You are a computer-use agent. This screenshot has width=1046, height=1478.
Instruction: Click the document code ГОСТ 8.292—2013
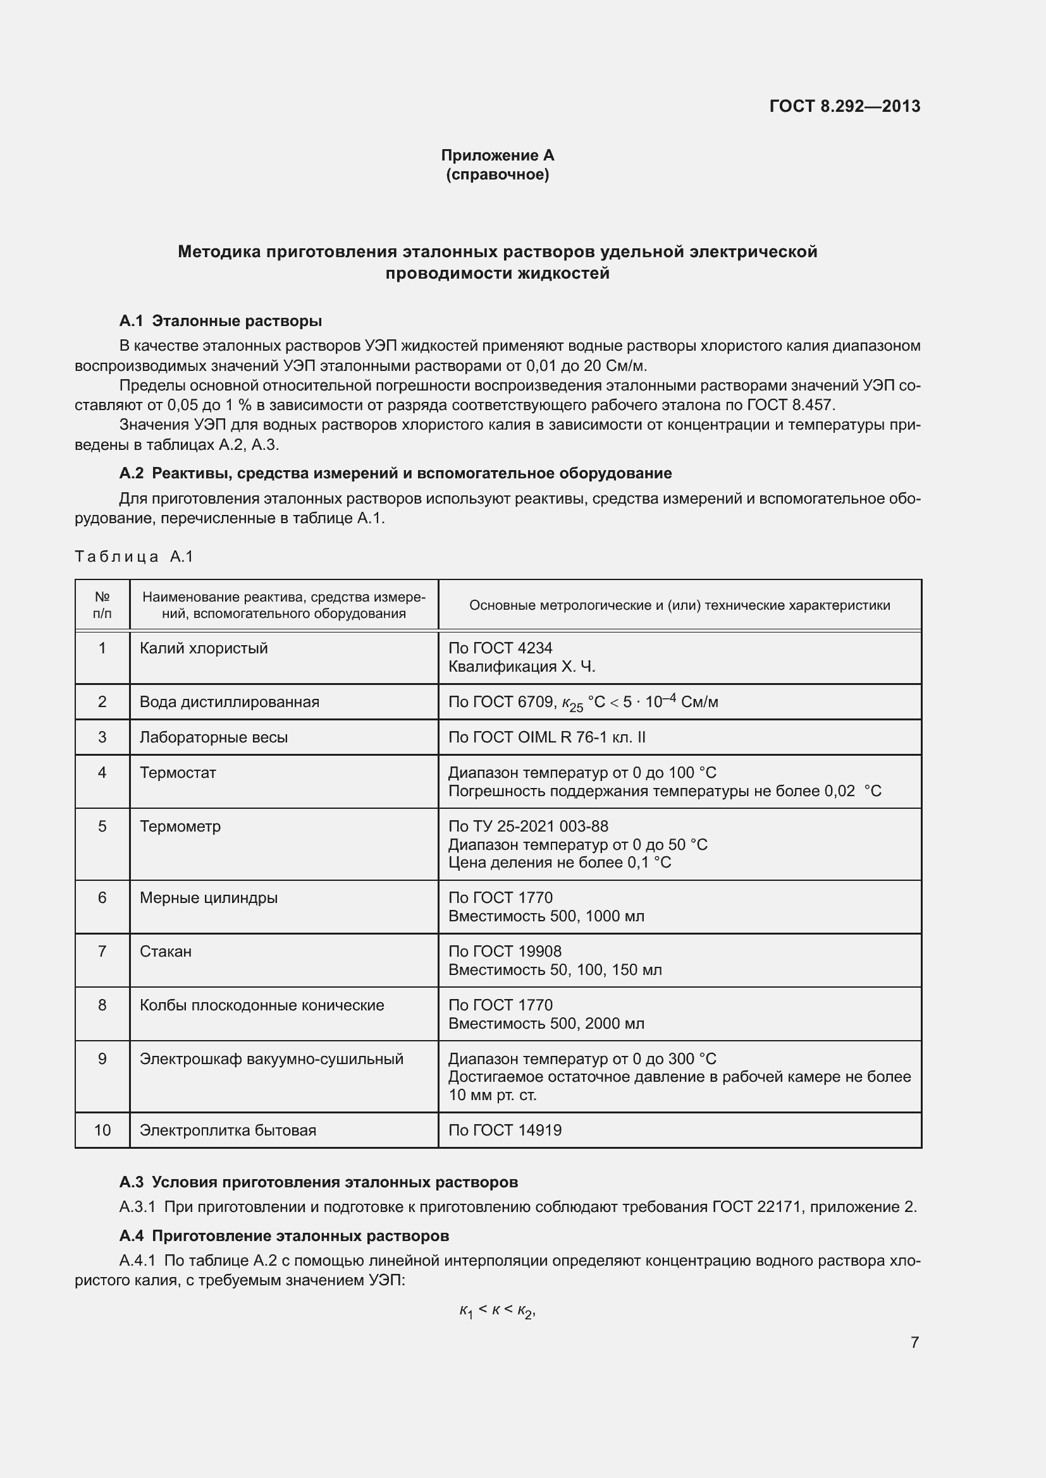click(844, 106)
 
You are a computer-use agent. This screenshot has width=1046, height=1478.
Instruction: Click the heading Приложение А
click(497, 155)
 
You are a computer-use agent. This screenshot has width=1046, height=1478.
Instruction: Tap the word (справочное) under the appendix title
click(497, 174)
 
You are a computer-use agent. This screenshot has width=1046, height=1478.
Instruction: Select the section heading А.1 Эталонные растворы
click(220, 320)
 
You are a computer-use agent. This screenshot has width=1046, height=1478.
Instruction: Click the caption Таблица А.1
click(134, 556)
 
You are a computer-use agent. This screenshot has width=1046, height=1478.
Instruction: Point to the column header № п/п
click(102, 605)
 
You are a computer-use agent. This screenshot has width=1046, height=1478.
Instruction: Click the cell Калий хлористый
click(204, 648)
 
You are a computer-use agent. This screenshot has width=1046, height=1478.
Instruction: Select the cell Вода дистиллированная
click(230, 701)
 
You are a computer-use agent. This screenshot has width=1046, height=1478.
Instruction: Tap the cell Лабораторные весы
click(213, 737)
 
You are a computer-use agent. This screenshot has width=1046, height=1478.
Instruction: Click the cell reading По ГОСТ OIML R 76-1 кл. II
click(547, 737)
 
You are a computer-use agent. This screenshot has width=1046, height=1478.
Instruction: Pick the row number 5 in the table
click(102, 826)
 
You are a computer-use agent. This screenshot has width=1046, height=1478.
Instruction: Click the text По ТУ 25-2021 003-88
click(528, 826)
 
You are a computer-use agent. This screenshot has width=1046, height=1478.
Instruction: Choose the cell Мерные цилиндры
click(209, 897)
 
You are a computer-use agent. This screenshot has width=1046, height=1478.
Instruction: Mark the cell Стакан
click(166, 951)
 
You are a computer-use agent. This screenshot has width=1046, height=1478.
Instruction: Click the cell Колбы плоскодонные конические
click(262, 1005)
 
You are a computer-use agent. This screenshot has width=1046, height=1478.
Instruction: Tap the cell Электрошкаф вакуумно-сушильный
click(271, 1058)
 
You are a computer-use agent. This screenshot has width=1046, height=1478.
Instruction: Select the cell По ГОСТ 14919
click(505, 1130)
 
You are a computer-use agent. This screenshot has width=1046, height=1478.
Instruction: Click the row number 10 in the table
click(102, 1130)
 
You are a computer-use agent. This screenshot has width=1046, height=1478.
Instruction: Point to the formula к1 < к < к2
click(497, 1311)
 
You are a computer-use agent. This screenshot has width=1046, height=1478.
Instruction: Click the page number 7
click(914, 1342)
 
